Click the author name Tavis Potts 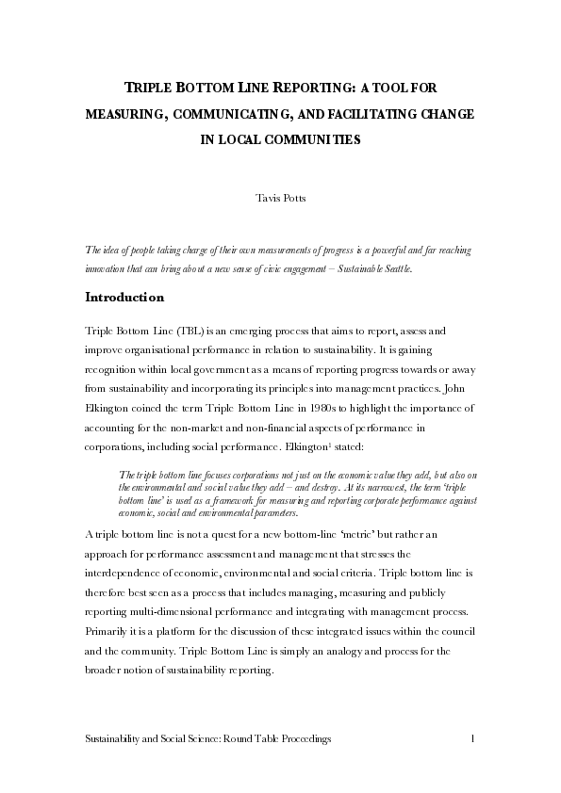(280, 201)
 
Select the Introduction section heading (124, 298)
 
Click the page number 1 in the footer (471, 741)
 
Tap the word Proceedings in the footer (299, 741)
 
